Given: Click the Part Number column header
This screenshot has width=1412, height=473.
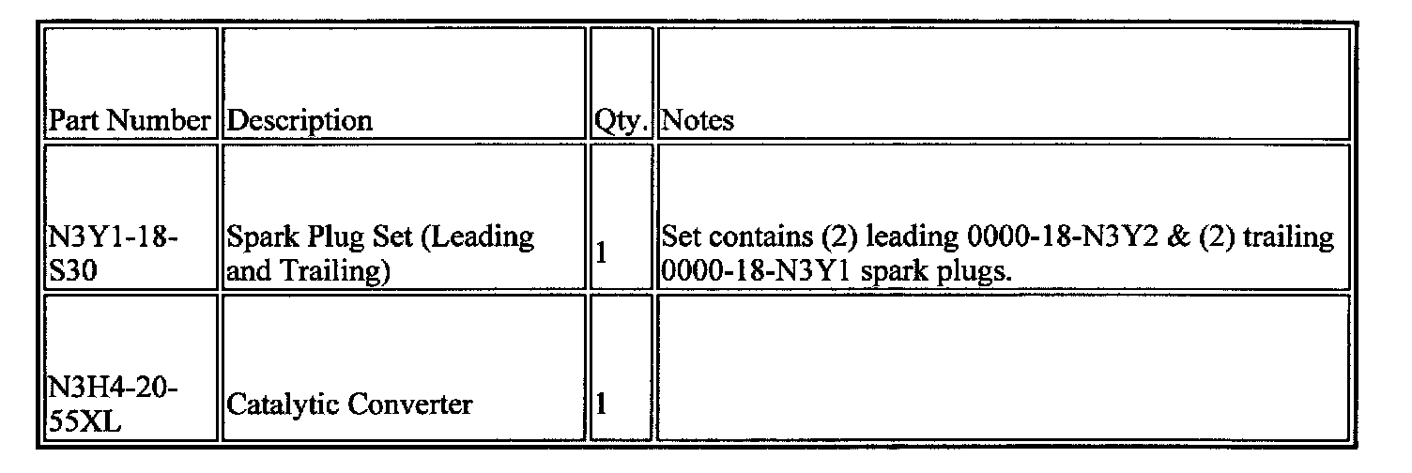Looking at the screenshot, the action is pyautogui.click(x=130, y=121).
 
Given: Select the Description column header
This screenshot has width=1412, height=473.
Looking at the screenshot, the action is pyautogui.click(x=300, y=121).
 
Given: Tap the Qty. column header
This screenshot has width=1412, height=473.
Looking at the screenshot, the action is pyautogui.click(x=622, y=121).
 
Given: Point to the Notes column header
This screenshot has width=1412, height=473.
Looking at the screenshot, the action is pyautogui.click(x=698, y=121).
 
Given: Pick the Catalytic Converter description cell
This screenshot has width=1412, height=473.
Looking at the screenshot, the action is pyautogui.click(x=349, y=405).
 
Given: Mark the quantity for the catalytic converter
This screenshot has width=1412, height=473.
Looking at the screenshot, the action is pyautogui.click(x=602, y=405).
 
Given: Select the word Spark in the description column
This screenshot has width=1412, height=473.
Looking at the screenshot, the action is pyautogui.click(x=259, y=237).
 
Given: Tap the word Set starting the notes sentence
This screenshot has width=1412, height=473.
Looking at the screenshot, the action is pyautogui.click(x=681, y=237).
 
